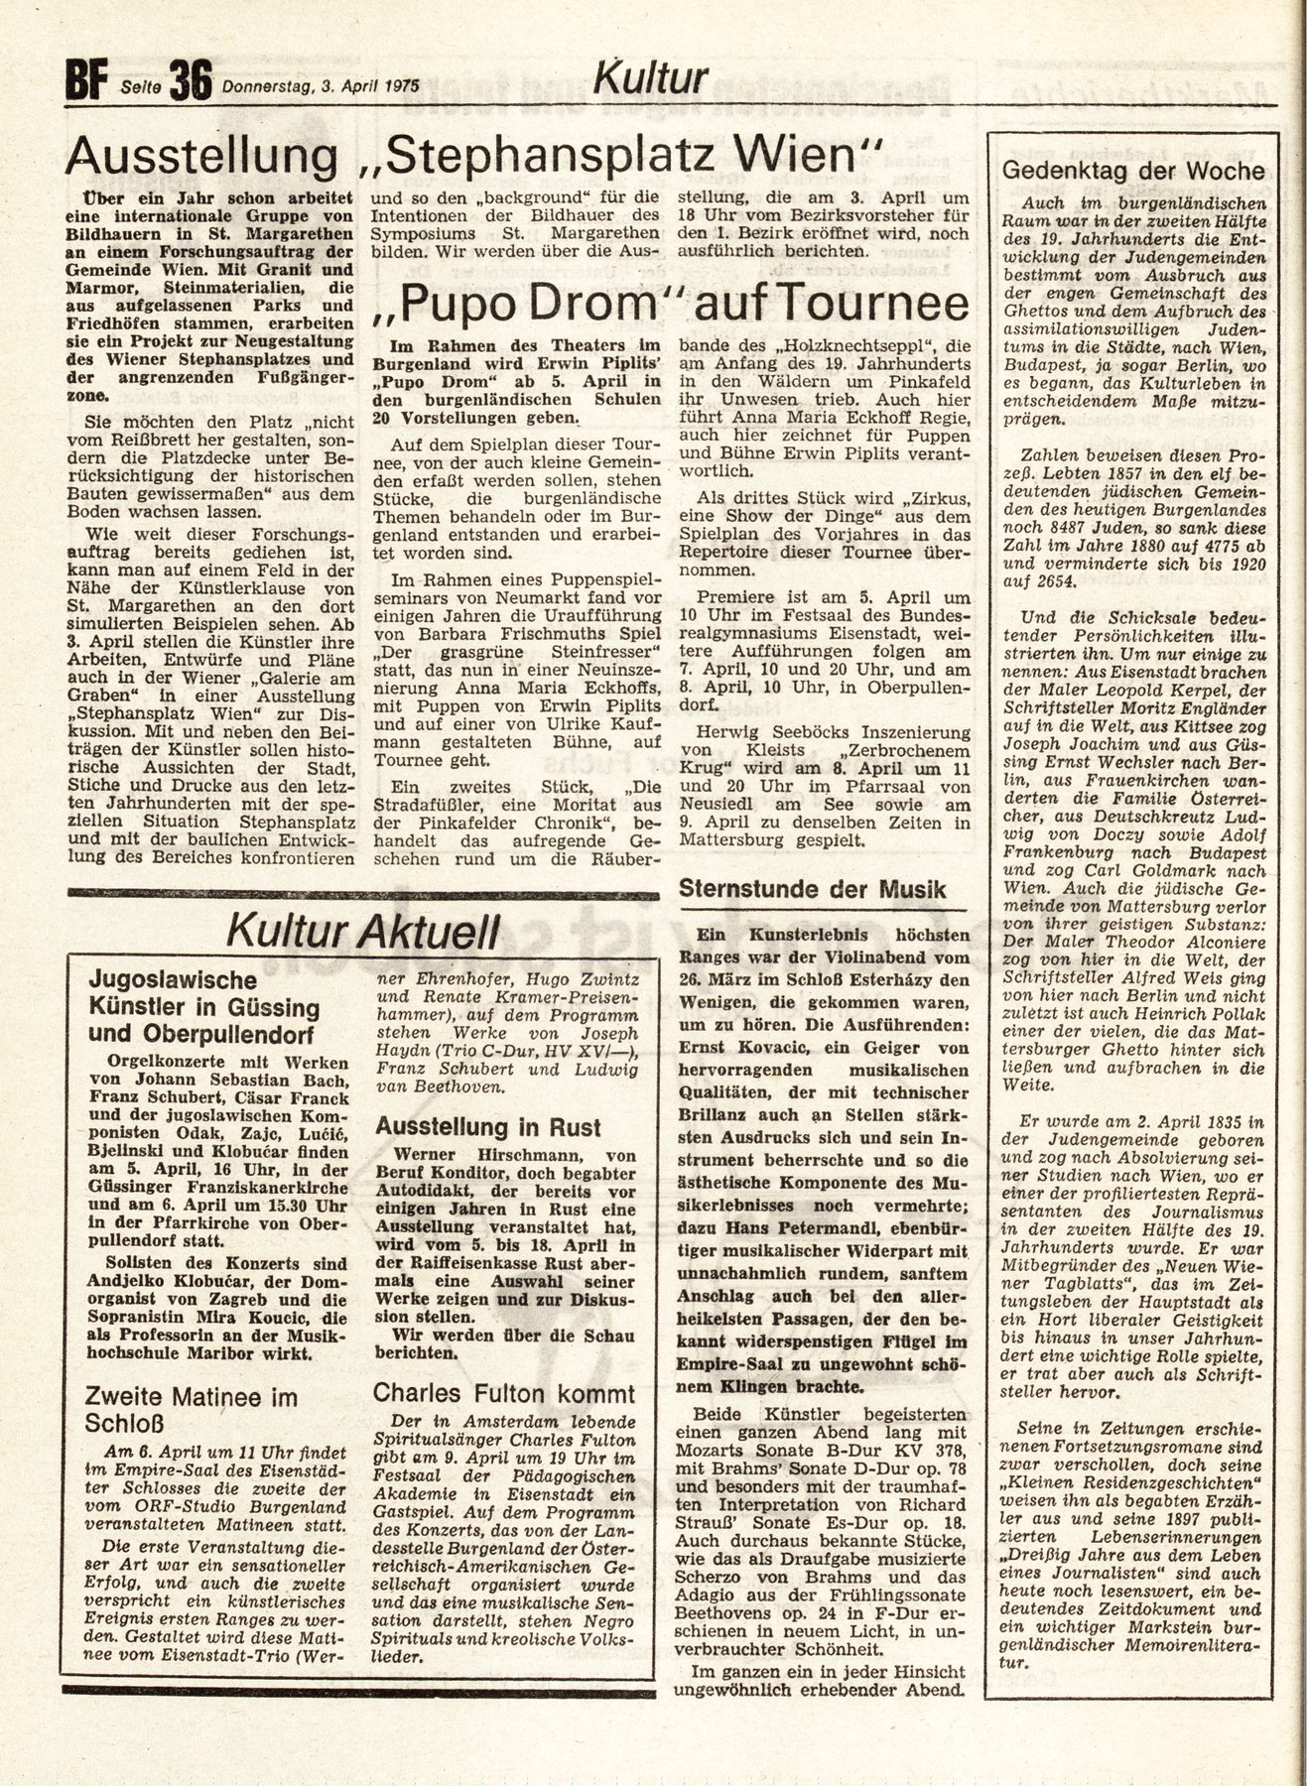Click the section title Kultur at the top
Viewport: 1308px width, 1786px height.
point(651,78)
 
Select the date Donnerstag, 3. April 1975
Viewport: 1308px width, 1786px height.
point(322,84)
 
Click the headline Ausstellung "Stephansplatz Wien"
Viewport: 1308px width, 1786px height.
point(473,158)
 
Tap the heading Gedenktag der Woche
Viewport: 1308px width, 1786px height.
point(1133,170)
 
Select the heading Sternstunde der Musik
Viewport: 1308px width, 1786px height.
point(812,889)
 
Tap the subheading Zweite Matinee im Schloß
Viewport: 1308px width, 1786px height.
point(191,1410)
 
